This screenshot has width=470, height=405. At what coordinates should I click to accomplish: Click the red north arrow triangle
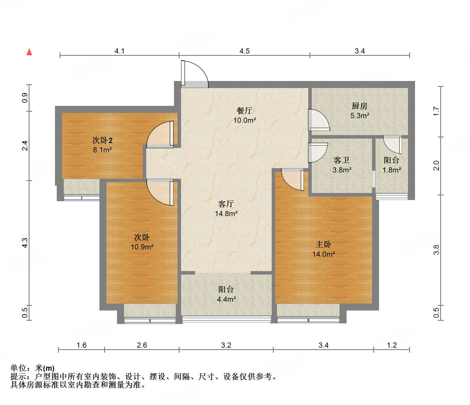pos(29,52)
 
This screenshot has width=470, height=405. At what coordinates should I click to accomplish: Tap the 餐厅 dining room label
pos(244,111)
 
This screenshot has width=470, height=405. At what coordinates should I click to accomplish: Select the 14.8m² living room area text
pos(226,214)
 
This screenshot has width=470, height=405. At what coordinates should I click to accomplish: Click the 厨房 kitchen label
pos(359,106)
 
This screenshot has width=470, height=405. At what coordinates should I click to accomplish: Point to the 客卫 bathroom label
pos(341,160)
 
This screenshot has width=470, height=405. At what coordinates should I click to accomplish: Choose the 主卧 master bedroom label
pos(323,244)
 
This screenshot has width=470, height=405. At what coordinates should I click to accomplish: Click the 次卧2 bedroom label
pos(102,140)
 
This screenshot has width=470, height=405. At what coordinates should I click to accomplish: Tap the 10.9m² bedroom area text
pos(142,247)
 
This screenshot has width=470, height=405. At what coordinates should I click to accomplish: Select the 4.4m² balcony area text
pos(226,299)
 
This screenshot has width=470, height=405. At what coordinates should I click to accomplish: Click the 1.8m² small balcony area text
pos(392,170)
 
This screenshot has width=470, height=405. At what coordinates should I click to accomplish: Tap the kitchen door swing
pos(319,120)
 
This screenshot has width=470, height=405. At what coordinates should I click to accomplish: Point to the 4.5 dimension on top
pos(245,51)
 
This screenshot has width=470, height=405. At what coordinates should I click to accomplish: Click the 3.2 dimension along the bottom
pos(226,345)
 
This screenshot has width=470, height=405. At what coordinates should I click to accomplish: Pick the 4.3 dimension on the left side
pos(25,243)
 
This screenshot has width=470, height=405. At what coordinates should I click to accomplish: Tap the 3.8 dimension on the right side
pos(436,249)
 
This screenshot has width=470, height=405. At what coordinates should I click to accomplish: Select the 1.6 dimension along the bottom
pos(81,345)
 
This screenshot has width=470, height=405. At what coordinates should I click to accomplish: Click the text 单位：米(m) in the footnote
pos(32,368)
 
